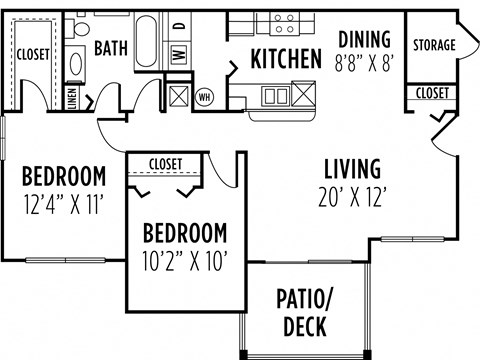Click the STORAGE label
pos(434,46)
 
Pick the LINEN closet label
pos(72,97)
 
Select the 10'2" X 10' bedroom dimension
pos(185,264)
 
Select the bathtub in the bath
pos(147,42)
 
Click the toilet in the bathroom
pos(77,61)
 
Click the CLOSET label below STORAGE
pos(433,93)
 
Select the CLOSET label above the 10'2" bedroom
pos(165,163)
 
